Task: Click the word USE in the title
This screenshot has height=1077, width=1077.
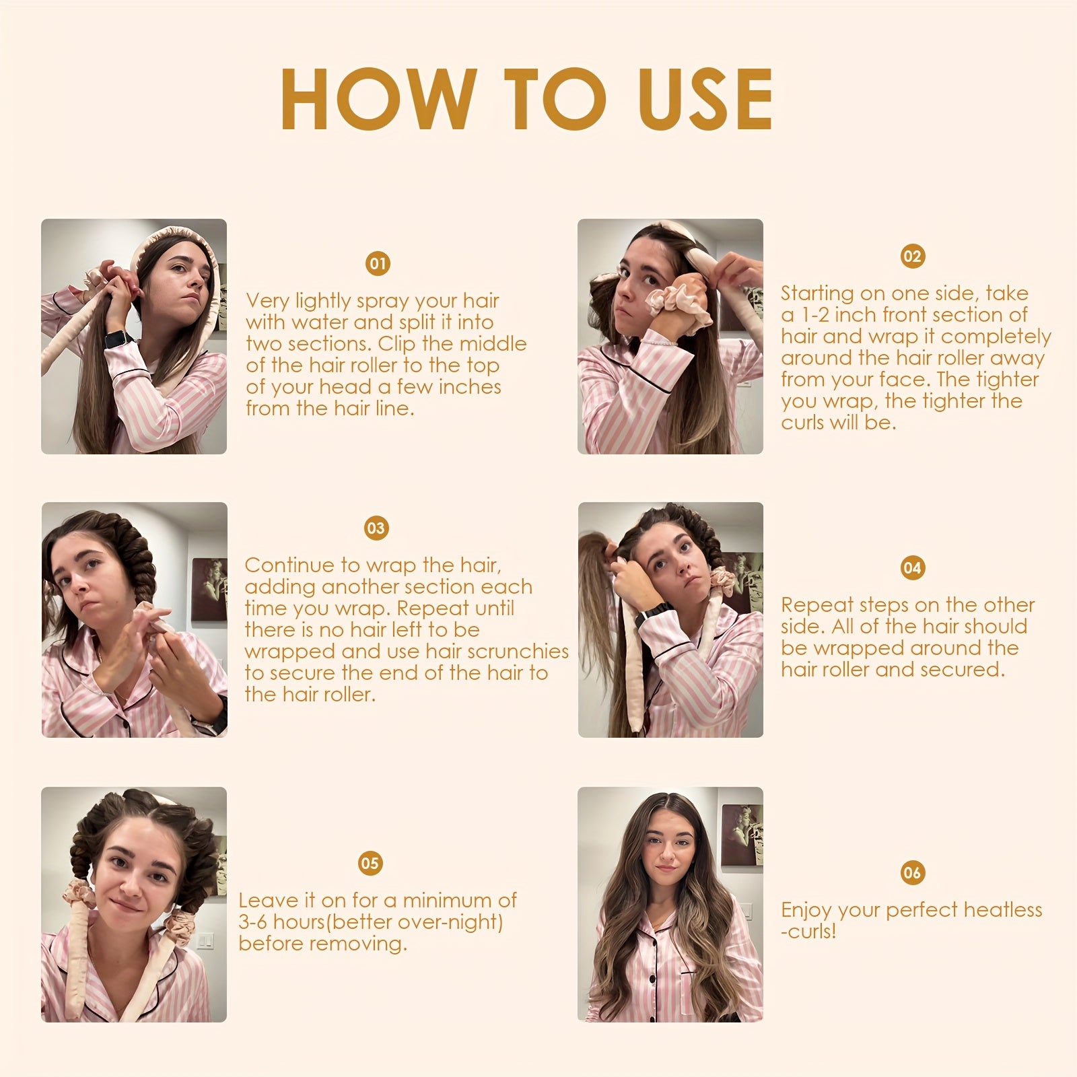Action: point(705,99)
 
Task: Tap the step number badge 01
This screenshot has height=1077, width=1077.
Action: point(378,263)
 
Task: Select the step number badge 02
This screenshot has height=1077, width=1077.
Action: point(912,256)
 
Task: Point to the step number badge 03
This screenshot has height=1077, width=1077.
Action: point(376,528)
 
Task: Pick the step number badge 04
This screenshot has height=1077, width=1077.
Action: point(912,567)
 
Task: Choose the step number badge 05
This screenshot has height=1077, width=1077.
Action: point(370,863)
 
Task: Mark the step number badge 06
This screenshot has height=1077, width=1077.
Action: point(912,872)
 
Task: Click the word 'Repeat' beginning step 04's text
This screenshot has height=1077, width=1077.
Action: point(817,606)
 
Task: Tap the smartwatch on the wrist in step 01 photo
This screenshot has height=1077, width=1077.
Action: point(116,339)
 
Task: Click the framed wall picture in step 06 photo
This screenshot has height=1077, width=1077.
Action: point(742,835)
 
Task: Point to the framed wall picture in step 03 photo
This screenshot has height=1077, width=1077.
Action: point(209,589)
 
